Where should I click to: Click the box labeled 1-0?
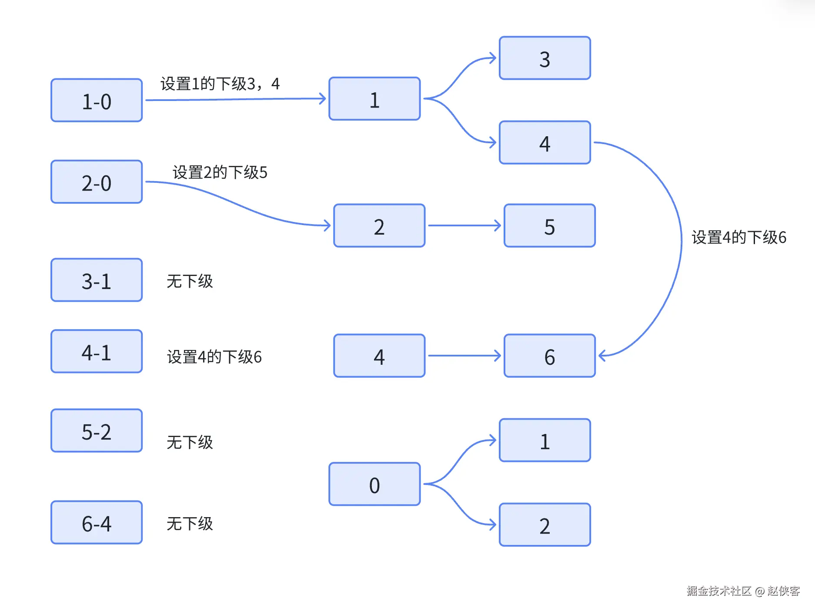97,101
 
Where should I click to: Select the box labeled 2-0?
97,182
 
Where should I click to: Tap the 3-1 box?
97,280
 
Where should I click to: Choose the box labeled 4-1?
97,352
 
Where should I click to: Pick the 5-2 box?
97,431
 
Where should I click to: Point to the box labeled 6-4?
97,523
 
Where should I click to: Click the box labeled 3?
544,58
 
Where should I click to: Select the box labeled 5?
549,226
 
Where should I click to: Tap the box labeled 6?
549,356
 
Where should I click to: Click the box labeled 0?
374,484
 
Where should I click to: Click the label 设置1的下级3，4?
220,84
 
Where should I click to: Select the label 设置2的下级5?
220,172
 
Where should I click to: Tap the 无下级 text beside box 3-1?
190,281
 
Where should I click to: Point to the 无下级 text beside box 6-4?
190,524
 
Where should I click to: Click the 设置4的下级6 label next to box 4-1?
214,357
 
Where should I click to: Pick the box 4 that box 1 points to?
544,143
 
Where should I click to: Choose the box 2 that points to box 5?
379,226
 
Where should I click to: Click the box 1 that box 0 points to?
544,441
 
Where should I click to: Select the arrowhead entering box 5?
498,225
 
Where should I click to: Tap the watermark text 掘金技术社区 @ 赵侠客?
743,591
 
